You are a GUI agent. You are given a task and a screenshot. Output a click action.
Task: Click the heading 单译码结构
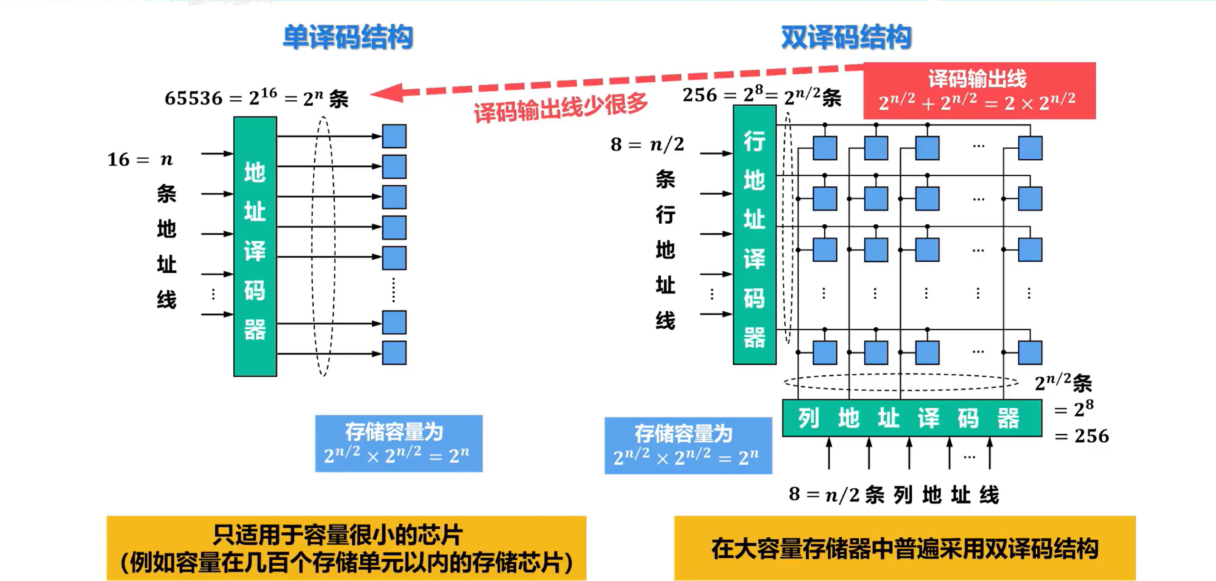(x=347, y=37)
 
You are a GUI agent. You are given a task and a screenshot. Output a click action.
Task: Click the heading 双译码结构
(x=846, y=37)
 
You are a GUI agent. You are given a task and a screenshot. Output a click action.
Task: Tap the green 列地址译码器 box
(x=912, y=418)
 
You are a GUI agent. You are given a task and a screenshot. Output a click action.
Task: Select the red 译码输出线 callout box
(x=979, y=90)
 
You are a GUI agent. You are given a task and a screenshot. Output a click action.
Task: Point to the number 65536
(x=193, y=98)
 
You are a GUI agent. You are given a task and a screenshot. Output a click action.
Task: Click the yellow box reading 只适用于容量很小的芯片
(x=346, y=548)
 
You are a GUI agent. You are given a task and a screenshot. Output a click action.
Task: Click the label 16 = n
(x=140, y=160)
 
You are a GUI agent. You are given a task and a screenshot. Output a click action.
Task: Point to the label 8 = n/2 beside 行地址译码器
(x=647, y=144)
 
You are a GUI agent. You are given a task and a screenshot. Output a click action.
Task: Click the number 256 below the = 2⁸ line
(x=1091, y=436)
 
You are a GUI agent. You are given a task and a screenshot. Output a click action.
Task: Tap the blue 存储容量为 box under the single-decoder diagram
(x=399, y=443)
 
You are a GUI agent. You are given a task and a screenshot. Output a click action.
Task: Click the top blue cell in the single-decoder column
(x=394, y=136)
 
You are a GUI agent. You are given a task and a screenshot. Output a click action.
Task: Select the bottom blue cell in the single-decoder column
(x=394, y=353)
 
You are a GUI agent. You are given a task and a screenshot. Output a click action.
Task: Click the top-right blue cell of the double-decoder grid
(x=1030, y=148)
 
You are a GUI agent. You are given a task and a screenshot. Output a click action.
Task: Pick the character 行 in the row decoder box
(x=754, y=142)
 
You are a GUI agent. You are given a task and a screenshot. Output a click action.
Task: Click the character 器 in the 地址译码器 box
(x=255, y=330)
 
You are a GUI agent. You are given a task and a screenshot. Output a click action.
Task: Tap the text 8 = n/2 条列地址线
(x=894, y=495)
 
